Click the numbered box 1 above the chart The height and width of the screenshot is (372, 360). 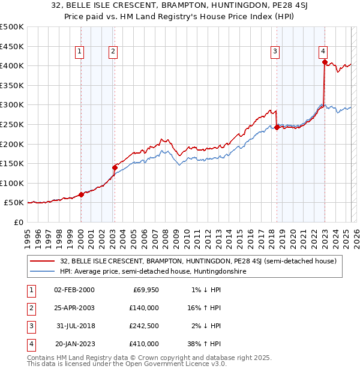click(80, 52)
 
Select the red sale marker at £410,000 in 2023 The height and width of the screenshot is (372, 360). click(325, 62)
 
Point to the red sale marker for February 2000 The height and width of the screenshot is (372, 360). click(81, 195)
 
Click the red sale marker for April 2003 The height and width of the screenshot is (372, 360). click(115, 167)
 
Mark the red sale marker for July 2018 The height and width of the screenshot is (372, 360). click(277, 127)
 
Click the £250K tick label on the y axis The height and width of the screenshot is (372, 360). click(12, 124)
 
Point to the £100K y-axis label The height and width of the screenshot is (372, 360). click(12, 183)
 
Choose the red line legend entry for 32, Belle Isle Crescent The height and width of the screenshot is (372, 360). click(198, 261)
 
